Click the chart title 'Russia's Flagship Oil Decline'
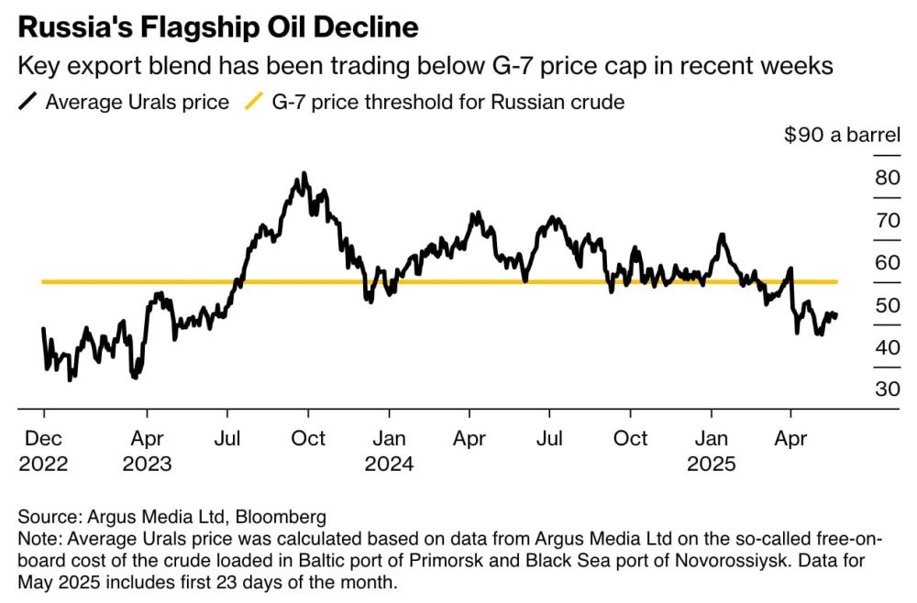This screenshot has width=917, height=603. tap(218, 27)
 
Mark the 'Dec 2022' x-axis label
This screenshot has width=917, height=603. tap(43, 450)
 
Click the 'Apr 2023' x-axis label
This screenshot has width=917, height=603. tap(147, 450)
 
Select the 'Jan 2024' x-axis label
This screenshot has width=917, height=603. tap(389, 450)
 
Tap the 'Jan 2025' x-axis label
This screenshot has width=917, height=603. tap(712, 450)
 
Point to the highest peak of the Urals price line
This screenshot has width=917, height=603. tap(304, 173)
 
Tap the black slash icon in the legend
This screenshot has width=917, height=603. tap(28, 102)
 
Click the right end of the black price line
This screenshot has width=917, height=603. tap(835, 315)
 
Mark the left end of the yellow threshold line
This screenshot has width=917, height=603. tap(44, 281)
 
